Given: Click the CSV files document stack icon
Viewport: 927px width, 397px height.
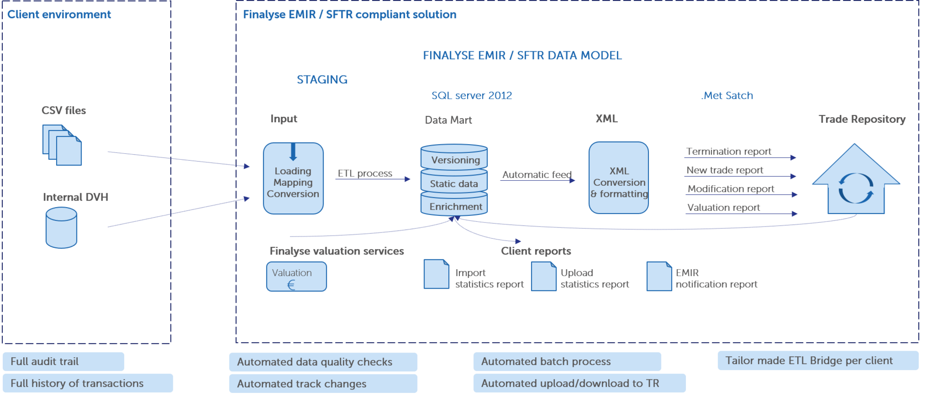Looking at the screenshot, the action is tap(62, 145).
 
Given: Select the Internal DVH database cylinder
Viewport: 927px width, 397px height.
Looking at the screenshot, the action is tap(61, 227).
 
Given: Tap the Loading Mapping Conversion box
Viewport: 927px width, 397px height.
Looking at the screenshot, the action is tap(293, 178).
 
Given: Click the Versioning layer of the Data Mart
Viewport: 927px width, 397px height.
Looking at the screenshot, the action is tap(454, 157).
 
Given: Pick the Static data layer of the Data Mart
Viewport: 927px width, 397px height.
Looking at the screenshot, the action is tap(454, 182).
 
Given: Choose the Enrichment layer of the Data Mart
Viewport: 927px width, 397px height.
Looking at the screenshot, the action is tap(454, 205).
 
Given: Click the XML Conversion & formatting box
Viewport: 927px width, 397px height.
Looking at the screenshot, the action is tap(619, 178).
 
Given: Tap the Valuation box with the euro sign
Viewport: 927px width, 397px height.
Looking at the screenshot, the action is tap(297, 277).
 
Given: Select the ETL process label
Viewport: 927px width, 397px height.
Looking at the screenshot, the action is tap(365, 173).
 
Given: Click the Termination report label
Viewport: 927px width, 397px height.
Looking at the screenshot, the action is tap(729, 151).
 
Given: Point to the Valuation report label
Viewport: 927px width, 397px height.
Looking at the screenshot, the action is tap(724, 208).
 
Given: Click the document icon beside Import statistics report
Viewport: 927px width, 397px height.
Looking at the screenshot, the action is tap(437, 274).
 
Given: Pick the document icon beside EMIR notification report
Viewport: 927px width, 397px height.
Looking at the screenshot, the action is tap(659, 277).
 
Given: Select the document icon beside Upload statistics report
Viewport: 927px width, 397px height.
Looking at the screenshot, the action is tap(544, 277).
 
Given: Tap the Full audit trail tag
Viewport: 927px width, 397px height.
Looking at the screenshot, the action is tap(63, 361).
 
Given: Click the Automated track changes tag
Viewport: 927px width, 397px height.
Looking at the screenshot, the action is tap(323, 384).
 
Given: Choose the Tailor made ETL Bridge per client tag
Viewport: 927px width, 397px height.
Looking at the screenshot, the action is tap(818, 360).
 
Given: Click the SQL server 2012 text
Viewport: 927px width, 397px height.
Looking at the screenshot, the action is tap(472, 95).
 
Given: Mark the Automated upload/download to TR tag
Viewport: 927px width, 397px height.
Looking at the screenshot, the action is tap(579, 383).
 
